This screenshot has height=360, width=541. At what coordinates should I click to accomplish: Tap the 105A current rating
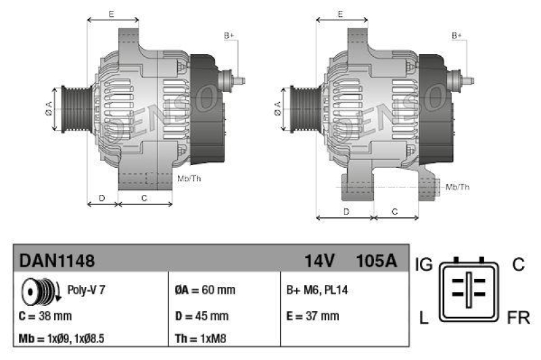(x=375, y=261)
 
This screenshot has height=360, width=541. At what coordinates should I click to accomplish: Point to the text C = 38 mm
(x=45, y=315)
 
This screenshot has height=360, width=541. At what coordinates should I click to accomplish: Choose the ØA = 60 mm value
(x=204, y=290)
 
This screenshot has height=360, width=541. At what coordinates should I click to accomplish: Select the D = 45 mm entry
(x=202, y=315)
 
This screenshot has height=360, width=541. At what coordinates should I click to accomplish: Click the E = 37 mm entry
(x=312, y=315)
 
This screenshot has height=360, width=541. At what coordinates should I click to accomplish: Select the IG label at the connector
(x=424, y=265)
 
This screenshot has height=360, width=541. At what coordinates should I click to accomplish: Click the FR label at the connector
(x=518, y=317)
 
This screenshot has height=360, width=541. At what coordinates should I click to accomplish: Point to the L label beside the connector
(x=423, y=317)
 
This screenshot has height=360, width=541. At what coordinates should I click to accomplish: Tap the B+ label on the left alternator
(x=229, y=35)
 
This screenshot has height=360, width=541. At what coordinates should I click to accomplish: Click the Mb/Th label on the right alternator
(x=458, y=186)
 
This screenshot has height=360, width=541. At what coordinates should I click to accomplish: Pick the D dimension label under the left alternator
(x=101, y=198)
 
